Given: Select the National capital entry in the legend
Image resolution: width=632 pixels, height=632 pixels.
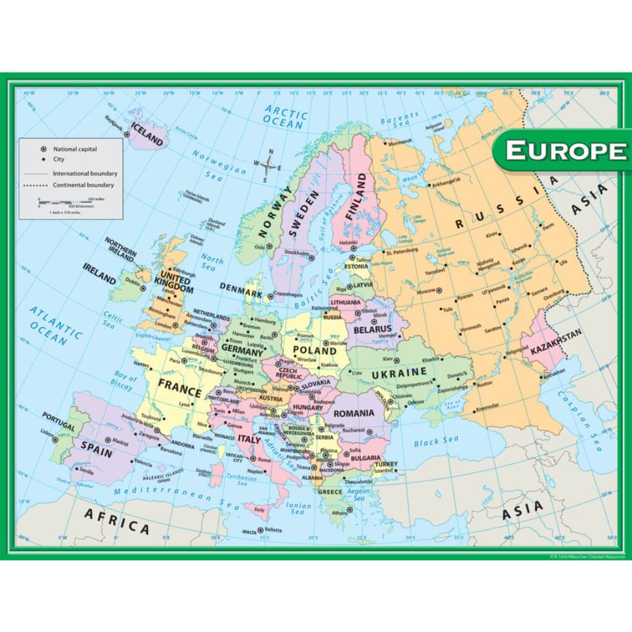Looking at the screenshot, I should [75, 149].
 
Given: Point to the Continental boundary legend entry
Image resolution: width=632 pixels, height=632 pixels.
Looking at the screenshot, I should [83, 185].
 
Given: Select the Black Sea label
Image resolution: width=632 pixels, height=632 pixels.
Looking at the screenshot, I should [436, 442].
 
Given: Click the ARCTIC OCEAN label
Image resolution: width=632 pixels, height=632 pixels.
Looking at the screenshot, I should [285, 116].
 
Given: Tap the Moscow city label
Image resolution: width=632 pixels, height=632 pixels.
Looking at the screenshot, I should [426, 291].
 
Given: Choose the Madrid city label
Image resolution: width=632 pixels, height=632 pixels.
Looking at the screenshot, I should [120, 442].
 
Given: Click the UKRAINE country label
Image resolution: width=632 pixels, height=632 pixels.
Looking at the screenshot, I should [399, 372].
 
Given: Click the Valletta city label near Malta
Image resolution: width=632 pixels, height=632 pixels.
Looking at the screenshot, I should [273, 530].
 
